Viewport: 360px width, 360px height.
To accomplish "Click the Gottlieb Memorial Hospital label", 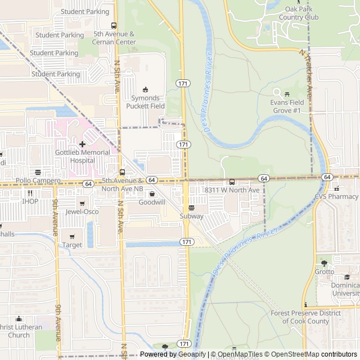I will pos(82,156).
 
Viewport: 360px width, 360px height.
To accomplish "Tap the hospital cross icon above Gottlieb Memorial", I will pos(82,144).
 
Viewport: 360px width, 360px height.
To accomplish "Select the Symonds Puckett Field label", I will pos(145,102).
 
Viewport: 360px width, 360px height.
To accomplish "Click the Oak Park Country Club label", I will pos(294,13).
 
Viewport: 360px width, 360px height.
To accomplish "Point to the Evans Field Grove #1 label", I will pos(287,106).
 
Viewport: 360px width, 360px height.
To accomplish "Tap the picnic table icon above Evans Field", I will pos(287,93).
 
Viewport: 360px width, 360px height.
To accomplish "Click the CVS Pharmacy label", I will pos(336,196).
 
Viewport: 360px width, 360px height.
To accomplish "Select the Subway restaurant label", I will pos(191,216).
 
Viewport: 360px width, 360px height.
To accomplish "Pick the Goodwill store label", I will pos(152,202).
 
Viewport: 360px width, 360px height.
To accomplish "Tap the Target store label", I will pos(72,245).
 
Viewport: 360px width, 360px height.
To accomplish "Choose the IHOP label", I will pos(30,201).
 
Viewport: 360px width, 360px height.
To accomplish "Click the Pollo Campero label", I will pos(38,181).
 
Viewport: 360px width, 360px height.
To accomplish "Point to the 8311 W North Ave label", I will pos(232,190).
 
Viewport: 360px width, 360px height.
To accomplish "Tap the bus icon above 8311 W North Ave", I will pos(232,182).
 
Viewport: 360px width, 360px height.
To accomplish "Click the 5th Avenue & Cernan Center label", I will pos(114,38).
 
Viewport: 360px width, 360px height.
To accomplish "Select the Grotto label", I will pos(324,272).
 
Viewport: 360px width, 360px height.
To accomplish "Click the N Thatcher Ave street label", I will pos(306,70).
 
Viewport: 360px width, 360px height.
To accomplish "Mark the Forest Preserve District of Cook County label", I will pos(305,317).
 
